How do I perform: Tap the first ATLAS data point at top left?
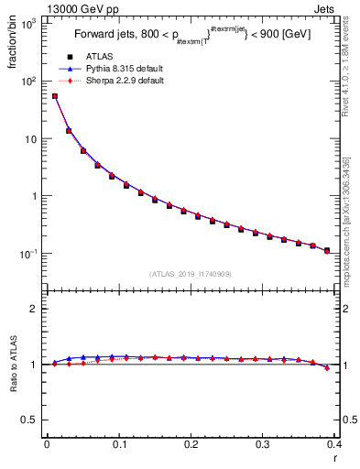coord(54,96)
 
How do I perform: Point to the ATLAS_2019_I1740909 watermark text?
coord(191,274)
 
